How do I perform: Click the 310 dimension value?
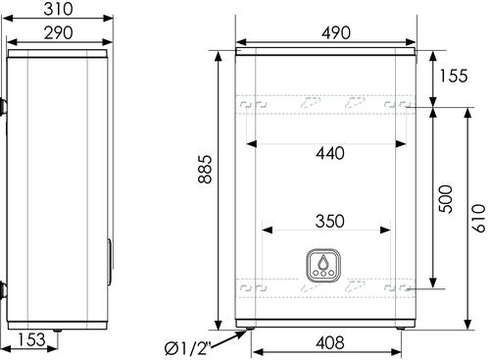58,9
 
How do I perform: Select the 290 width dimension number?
58,33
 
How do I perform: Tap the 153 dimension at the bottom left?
31,339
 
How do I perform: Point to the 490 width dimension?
336,32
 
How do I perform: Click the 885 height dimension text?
205,169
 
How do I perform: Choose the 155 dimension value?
454,76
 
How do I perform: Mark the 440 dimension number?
330,153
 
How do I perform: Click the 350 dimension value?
330,222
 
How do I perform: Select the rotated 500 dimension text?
446,199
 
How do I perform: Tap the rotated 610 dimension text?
479,219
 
